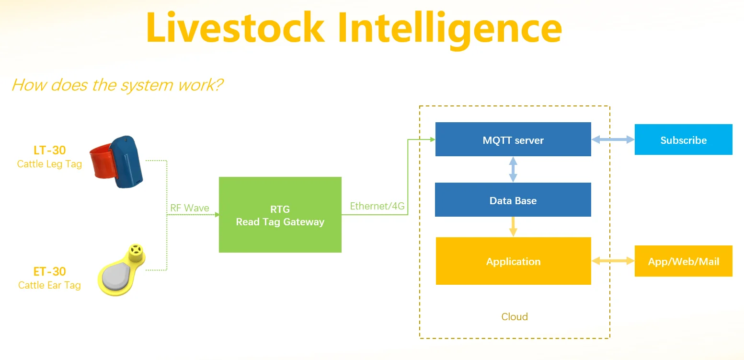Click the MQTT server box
(x=513, y=139)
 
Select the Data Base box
(x=513, y=200)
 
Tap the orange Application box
(x=514, y=261)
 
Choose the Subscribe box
(x=684, y=139)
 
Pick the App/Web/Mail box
(x=684, y=261)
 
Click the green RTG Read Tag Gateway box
(x=280, y=215)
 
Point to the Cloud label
(x=515, y=317)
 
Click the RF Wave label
(x=190, y=208)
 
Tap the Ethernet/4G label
(x=378, y=206)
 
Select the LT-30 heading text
(x=50, y=150)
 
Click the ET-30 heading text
(x=50, y=272)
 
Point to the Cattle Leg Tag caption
(x=49, y=164)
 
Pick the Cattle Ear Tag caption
(x=49, y=285)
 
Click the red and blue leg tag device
(x=116, y=162)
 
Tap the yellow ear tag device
(x=121, y=270)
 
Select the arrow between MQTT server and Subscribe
(x=613, y=139)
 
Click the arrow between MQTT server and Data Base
(x=513, y=170)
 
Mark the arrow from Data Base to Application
(x=513, y=227)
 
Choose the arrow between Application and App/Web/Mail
(x=613, y=261)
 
